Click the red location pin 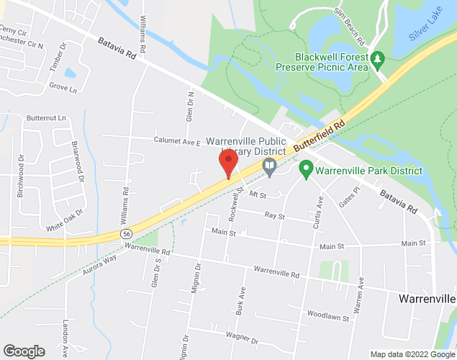tap(228, 162)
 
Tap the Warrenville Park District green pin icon tap(305, 171)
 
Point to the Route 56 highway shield tap(126, 235)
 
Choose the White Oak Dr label tap(65, 220)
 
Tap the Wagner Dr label tap(241, 337)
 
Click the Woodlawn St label tap(328, 315)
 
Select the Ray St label tap(275, 215)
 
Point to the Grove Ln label tap(63, 90)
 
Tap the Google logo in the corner tap(23, 351)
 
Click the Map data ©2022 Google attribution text tap(412, 354)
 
